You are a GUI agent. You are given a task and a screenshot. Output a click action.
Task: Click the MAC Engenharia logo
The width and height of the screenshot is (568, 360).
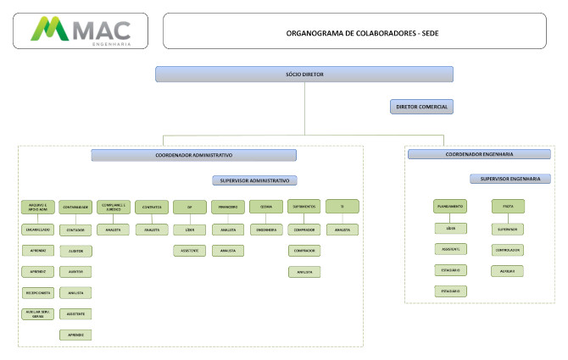pyautogui.click(x=81, y=30)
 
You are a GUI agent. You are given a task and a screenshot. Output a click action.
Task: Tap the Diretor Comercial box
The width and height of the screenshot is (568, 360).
pyautogui.click(x=420, y=107)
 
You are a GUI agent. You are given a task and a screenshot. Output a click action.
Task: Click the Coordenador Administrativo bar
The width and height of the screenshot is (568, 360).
pyautogui.click(x=194, y=155)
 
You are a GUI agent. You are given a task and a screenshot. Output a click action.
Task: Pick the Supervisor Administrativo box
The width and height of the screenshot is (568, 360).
pyautogui.click(x=253, y=180)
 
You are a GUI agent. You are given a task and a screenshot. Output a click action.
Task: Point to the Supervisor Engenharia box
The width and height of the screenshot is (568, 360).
pyautogui.click(x=510, y=179)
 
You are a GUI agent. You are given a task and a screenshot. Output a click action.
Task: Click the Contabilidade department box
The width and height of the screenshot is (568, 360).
pyautogui.click(x=75, y=207)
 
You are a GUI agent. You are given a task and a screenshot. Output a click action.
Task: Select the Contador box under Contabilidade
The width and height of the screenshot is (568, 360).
pyautogui.click(x=75, y=230)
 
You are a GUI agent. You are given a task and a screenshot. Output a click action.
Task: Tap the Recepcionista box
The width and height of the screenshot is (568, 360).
pyautogui.click(x=38, y=292)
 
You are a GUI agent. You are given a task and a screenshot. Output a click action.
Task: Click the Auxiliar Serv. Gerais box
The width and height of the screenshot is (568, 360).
pyautogui.click(x=38, y=313)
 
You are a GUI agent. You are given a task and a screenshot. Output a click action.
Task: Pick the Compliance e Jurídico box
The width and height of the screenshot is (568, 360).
pyautogui.click(x=114, y=207)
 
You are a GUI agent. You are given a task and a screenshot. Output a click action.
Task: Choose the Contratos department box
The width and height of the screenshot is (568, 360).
pyautogui.click(x=153, y=207)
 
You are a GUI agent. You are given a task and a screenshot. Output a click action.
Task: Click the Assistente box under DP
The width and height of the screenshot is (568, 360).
pyautogui.click(x=190, y=251)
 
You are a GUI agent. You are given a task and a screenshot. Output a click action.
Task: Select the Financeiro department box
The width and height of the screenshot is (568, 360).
pyautogui.click(x=228, y=207)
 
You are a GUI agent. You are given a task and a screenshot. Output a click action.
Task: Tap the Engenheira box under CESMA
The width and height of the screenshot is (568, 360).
pyautogui.click(x=266, y=230)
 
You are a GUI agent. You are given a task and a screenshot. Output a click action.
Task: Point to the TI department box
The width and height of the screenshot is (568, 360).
pyautogui.click(x=342, y=207)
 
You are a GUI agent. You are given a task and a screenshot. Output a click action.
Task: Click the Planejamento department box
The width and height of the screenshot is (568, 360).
pyautogui.click(x=450, y=207)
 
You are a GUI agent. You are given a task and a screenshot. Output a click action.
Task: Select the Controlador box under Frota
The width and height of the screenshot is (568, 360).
pyautogui.click(x=508, y=250)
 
